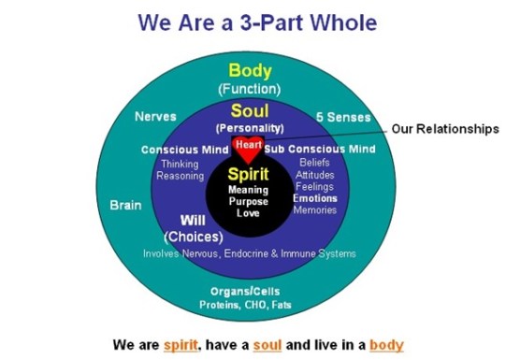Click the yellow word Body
251,70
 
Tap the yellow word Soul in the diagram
250,110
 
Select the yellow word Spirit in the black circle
248,174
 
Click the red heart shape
248,147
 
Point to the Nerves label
154,118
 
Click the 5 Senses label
346,118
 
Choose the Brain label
125,204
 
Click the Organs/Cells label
248,291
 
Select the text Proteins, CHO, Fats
248,305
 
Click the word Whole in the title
340,21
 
